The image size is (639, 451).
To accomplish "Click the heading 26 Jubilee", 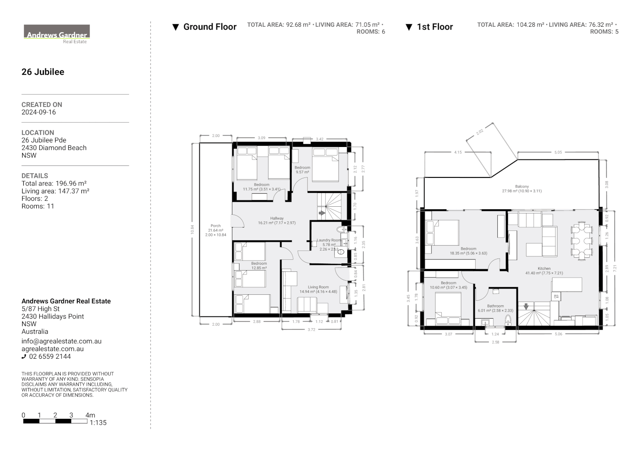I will click(x=43, y=72).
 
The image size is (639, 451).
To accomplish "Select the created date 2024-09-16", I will click(x=38, y=112).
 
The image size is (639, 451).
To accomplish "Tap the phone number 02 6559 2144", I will click(x=49, y=357).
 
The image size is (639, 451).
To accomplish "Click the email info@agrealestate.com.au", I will click(x=61, y=341).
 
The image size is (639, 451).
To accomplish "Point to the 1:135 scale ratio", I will click(x=98, y=423).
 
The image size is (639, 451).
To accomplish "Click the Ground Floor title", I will click(x=209, y=27).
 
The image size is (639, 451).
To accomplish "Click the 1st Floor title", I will click(x=434, y=27).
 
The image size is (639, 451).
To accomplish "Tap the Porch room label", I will click(x=216, y=226).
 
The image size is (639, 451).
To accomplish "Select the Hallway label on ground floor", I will click(x=277, y=218).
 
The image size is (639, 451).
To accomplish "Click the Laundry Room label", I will click(x=328, y=240).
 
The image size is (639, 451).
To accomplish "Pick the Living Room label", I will click(x=318, y=287).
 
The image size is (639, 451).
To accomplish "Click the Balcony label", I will click(x=522, y=187).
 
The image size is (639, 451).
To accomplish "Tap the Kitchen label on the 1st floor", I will click(x=544, y=269).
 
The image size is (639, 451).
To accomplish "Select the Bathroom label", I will click(x=495, y=306).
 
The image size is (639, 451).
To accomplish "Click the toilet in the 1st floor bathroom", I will click(x=508, y=321).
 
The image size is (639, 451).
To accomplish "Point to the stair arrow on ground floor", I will click(x=322, y=213).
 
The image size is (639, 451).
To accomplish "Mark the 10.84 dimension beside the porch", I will click(x=193, y=230).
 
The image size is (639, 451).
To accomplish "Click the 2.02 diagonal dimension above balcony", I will click(x=479, y=132).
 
